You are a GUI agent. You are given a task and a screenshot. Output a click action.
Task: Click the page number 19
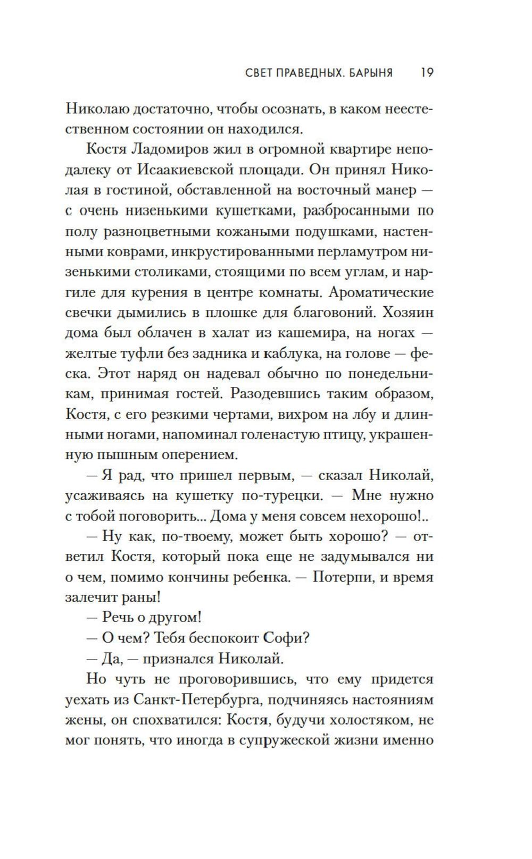pos(427,72)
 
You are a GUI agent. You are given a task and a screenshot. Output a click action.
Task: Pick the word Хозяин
pos(406,313)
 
